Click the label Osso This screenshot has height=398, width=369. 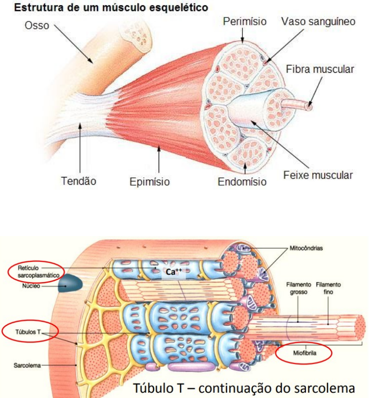coord(37,25)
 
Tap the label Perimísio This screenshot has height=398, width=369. coord(244,21)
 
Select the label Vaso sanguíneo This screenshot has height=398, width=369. coord(319,21)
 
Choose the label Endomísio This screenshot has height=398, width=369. coord(242,182)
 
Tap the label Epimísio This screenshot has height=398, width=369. coord(149,182)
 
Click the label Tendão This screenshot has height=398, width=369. coord(79,181)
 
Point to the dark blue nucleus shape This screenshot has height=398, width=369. coord(70,284)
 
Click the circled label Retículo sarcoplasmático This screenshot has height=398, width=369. coord(35,271)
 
